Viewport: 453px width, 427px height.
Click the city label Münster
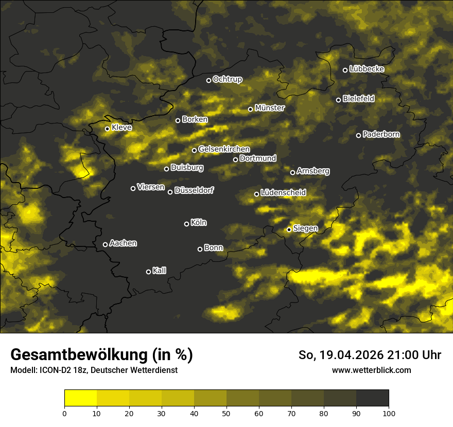tap(270, 108)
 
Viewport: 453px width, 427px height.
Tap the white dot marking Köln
tap(186, 224)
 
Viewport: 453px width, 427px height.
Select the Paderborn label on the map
tap(381, 135)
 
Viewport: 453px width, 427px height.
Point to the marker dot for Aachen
tap(105, 244)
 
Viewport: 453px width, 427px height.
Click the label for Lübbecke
tap(367, 69)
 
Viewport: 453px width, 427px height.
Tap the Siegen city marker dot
tap(289, 229)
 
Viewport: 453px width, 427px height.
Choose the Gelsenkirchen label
tap(224, 149)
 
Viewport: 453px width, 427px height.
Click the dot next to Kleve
tap(107, 129)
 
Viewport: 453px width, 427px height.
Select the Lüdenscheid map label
tap(283, 193)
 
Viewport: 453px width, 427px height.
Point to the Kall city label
tap(159, 271)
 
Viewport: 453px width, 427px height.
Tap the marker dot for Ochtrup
tap(208, 80)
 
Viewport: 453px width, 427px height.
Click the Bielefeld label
tap(358, 99)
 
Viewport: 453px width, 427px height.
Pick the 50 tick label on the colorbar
tap(226, 413)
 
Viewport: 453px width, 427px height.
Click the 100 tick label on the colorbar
tap(389, 413)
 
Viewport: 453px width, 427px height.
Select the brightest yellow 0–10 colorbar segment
tap(81, 398)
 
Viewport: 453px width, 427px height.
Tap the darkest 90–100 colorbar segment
tap(372, 398)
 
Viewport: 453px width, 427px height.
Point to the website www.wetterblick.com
tap(372, 370)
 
